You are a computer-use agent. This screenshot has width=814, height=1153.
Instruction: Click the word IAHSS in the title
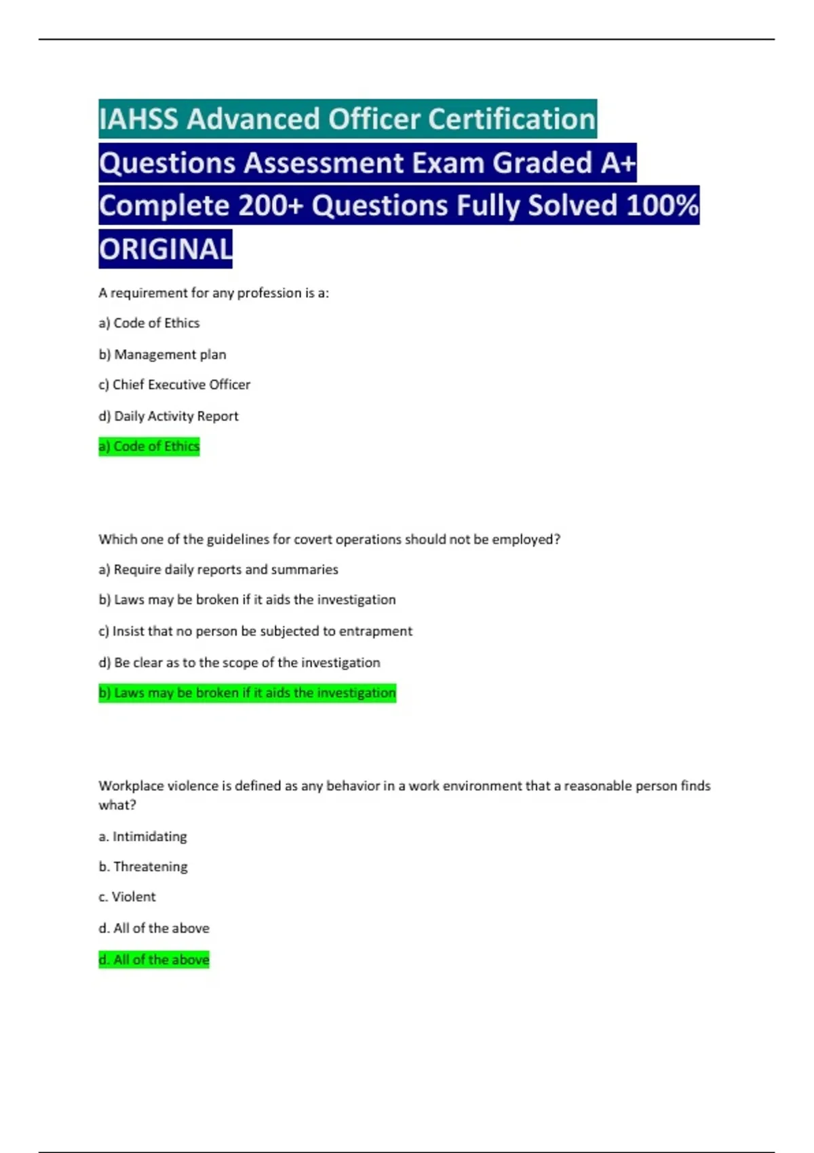pyautogui.click(x=138, y=119)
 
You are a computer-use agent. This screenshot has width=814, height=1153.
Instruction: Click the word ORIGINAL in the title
pyautogui.click(x=166, y=249)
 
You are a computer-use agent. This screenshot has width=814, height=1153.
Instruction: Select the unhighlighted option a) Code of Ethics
pyautogui.click(x=149, y=324)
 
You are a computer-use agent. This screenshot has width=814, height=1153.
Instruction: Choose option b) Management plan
pyautogui.click(x=163, y=354)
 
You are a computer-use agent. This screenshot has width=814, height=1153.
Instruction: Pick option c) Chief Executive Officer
pyautogui.click(x=174, y=385)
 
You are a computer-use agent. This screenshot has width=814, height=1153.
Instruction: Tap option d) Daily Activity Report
pyautogui.click(x=169, y=416)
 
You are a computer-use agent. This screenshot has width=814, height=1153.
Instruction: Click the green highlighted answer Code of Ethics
pyautogui.click(x=149, y=446)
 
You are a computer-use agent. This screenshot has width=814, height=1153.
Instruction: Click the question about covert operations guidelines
pyautogui.click(x=329, y=539)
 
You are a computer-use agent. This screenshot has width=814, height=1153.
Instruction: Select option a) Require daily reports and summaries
pyautogui.click(x=218, y=570)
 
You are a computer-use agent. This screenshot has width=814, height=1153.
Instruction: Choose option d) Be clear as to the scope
pyautogui.click(x=239, y=663)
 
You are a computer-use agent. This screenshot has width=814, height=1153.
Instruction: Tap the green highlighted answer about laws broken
pyautogui.click(x=247, y=693)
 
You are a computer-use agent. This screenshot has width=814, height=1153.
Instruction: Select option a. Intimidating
pyautogui.click(x=142, y=836)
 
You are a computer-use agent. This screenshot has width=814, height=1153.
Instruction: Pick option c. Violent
pyautogui.click(x=127, y=897)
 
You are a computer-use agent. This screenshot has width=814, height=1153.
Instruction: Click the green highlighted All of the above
pyautogui.click(x=154, y=960)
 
